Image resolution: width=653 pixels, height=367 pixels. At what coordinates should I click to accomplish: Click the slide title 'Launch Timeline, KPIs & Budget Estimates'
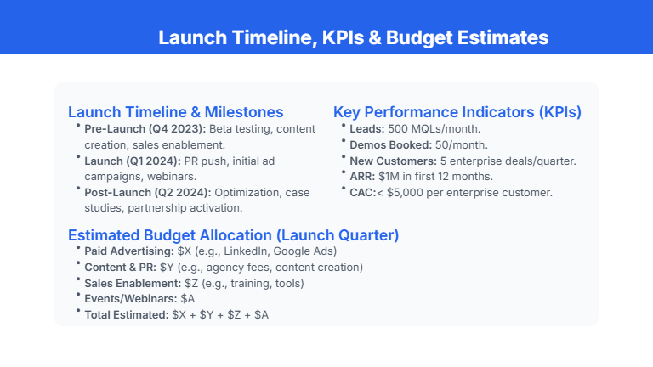pyautogui.click(x=353, y=38)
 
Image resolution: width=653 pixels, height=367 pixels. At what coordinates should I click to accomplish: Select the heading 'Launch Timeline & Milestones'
pyautogui.click(x=175, y=112)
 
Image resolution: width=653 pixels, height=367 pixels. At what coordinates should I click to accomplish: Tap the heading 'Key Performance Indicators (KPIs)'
pyautogui.click(x=457, y=112)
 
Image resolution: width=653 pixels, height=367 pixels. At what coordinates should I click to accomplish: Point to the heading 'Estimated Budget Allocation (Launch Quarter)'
pyautogui.click(x=233, y=235)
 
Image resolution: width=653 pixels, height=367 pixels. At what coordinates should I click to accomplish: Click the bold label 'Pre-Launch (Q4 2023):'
pyautogui.click(x=145, y=128)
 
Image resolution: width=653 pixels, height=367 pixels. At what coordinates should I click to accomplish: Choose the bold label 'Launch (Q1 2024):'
pyautogui.click(x=133, y=161)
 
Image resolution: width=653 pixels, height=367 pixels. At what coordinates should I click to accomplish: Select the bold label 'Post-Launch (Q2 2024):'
pyautogui.click(x=148, y=192)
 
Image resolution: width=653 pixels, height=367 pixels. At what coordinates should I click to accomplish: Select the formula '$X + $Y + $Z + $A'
pyautogui.click(x=219, y=315)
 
